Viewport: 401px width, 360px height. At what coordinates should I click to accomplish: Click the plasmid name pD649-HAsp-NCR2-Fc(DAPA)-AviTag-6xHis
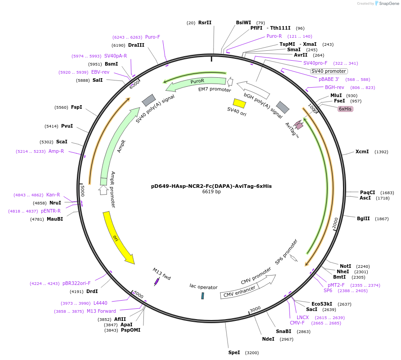pyautogui.click(x=211, y=186)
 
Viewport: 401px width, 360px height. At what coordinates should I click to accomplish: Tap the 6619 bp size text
pyautogui.click(x=211, y=192)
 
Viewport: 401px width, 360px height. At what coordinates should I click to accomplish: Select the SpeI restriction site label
pyautogui.click(x=234, y=352)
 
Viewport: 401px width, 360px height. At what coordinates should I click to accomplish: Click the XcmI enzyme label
pyautogui.click(x=362, y=151)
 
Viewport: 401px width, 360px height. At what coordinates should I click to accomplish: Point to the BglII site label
pyautogui.click(x=363, y=219)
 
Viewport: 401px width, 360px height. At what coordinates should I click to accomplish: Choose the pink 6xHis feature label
pyautogui.click(x=345, y=109)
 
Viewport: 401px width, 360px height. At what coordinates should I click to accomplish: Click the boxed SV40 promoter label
pyautogui.click(x=329, y=71)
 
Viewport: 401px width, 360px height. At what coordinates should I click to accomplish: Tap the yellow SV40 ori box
pyautogui.click(x=239, y=103)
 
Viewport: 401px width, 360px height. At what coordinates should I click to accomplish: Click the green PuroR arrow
pyautogui.click(x=196, y=82)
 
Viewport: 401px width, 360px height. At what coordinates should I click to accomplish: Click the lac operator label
pyautogui.click(x=203, y=287)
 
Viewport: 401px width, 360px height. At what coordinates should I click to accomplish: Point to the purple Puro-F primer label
pyautogui.click(x=152, y=37)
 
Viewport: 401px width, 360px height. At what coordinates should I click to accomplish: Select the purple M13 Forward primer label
pyautogui.click(x=101, y=311)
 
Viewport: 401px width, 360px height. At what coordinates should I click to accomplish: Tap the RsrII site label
pyautogui.click(x=205, y=22)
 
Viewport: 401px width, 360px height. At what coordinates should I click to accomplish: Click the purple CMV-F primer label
pyautogui.click(x=297, y=323)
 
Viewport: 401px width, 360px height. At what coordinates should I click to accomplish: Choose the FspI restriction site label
pyautogui.click(x=76, y=107)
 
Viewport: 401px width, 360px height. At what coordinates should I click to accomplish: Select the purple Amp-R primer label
pyautogui.click(x=56, y=151)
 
